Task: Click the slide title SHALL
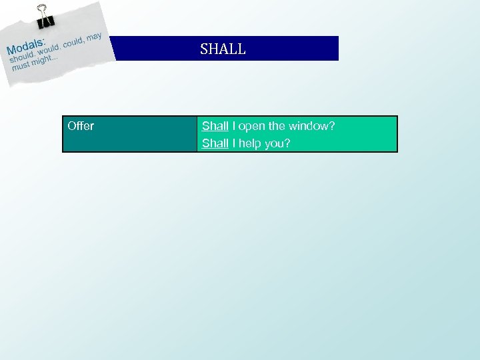coord(223,49)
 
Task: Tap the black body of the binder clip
coord(46,21)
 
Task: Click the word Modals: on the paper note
coord(26,46)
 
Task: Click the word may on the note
coord(95,35)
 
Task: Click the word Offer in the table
coord(81,126)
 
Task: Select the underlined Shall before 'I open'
coord(215,126)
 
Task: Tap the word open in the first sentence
coord(251,126)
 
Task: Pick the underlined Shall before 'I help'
coord(215,143)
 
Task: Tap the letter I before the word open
coord(234,126)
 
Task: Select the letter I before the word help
coord(234,143)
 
